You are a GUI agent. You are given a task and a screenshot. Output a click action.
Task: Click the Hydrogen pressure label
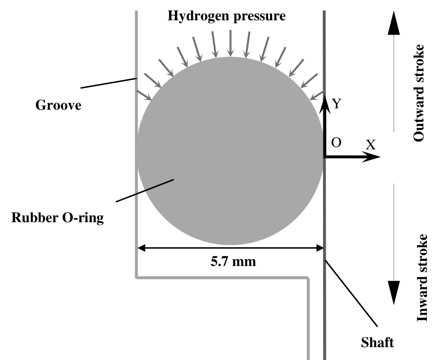(227, 17)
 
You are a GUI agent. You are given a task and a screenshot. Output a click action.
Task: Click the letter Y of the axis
(337, 104)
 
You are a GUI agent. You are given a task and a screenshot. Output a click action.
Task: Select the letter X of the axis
(371, 145)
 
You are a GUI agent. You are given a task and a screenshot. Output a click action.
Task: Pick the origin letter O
(336, 143)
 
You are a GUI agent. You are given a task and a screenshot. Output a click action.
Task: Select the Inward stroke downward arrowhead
(393, 293)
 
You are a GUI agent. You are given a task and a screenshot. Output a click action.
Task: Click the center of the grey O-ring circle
(230, 151)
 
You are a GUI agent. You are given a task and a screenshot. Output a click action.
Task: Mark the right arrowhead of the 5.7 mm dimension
(319, 248)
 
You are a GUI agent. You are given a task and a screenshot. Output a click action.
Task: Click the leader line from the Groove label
(108, 83)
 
